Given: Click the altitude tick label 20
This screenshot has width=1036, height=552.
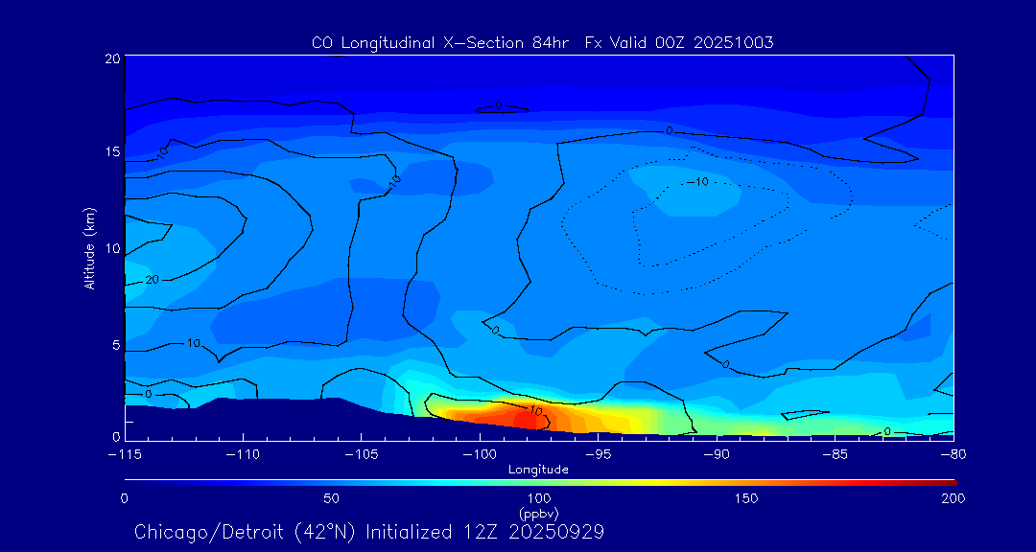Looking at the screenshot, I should tap(111, 58).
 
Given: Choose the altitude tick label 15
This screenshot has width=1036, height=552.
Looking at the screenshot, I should tap(111, 152).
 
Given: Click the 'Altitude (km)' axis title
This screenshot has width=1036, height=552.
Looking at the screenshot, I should tap(89, 248).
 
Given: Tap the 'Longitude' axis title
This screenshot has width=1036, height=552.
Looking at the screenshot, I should tap(538, 470).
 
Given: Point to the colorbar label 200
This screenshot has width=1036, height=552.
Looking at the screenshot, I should tap(953, 498).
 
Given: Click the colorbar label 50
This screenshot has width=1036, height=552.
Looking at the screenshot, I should tap(331, 498).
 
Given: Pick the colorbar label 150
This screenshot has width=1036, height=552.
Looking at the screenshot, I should tap(745, 498).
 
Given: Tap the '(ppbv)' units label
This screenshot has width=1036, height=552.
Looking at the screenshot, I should tap(538, 513).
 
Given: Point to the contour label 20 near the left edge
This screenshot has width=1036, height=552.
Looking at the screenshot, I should tap(152, 280).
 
